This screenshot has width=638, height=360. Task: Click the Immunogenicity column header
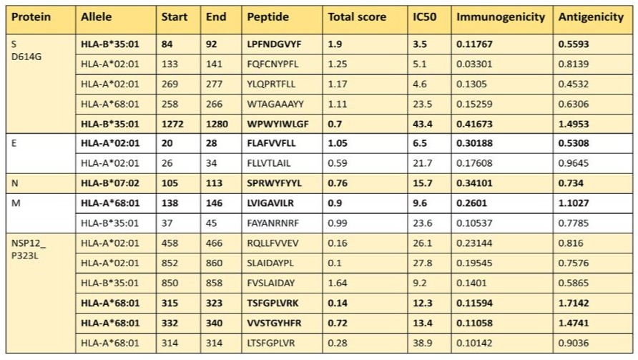501,16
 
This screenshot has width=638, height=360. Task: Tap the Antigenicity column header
590,16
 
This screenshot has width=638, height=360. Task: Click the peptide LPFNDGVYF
274,44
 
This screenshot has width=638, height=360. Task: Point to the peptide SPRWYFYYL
275,183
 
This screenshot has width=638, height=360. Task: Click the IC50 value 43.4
423,124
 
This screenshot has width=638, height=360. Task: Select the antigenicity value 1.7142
578,303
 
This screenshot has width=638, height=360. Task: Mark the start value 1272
172,124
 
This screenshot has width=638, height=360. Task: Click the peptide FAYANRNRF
273,223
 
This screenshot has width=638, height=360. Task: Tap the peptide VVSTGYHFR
274,323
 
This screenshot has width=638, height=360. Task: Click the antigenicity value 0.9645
577,163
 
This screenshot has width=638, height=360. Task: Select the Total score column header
357,16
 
